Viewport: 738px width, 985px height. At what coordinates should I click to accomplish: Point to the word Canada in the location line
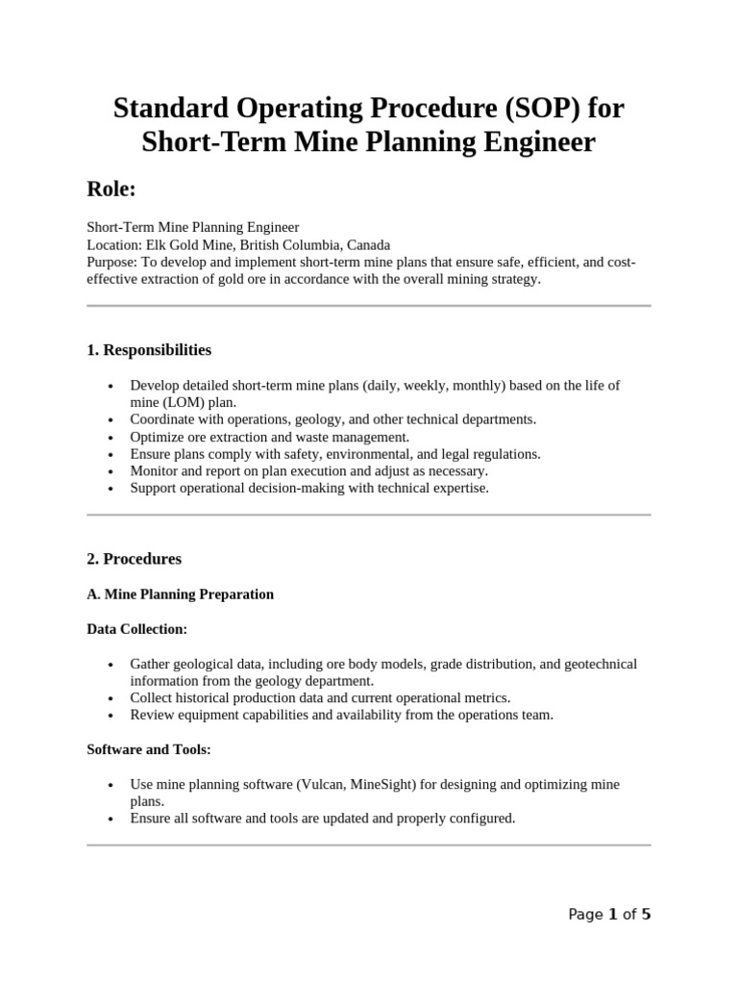[x=368, y=244]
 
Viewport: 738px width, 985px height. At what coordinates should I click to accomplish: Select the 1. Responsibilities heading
[x=149, y=349]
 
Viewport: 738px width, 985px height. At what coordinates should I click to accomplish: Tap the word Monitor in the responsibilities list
[x=156, y=471]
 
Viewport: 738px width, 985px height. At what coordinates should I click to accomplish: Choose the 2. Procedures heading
[x=134, y=559]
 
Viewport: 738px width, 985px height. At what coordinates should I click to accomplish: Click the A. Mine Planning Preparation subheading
[x=180, y=594]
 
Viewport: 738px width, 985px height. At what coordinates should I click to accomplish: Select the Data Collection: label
[x=136, y=629]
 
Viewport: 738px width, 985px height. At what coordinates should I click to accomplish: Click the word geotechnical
[x=598, y=665]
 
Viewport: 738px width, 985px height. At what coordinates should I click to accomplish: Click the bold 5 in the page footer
[x=646, y=915]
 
